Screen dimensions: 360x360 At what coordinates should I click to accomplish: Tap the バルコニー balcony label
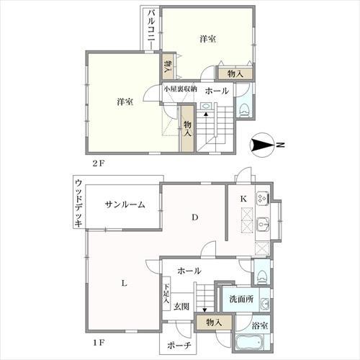coord(150,28)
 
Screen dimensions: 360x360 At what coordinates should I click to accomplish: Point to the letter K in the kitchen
coord(243,197)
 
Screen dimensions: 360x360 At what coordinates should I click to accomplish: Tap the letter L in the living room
coord(124,282)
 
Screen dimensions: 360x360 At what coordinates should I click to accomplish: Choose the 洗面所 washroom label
coord(242,299)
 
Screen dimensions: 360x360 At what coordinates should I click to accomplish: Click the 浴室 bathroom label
coord(260,326)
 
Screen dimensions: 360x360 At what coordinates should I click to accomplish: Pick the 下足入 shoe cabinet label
coord(166,296)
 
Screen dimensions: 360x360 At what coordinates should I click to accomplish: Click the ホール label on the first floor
coord(189,271)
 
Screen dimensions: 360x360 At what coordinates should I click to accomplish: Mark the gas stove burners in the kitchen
coord(262,196)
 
